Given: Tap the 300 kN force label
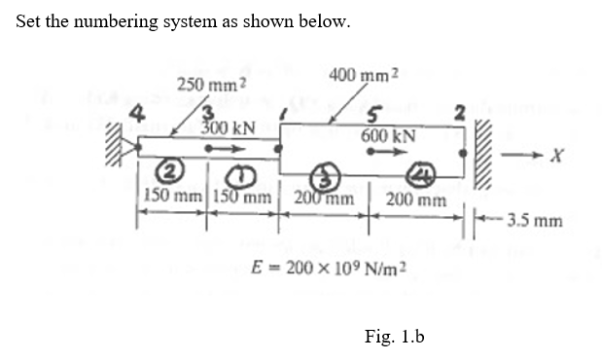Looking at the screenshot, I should pos(229,127).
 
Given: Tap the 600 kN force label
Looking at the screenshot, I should pos(389,137).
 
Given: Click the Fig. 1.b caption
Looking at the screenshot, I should pos(395,337).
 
